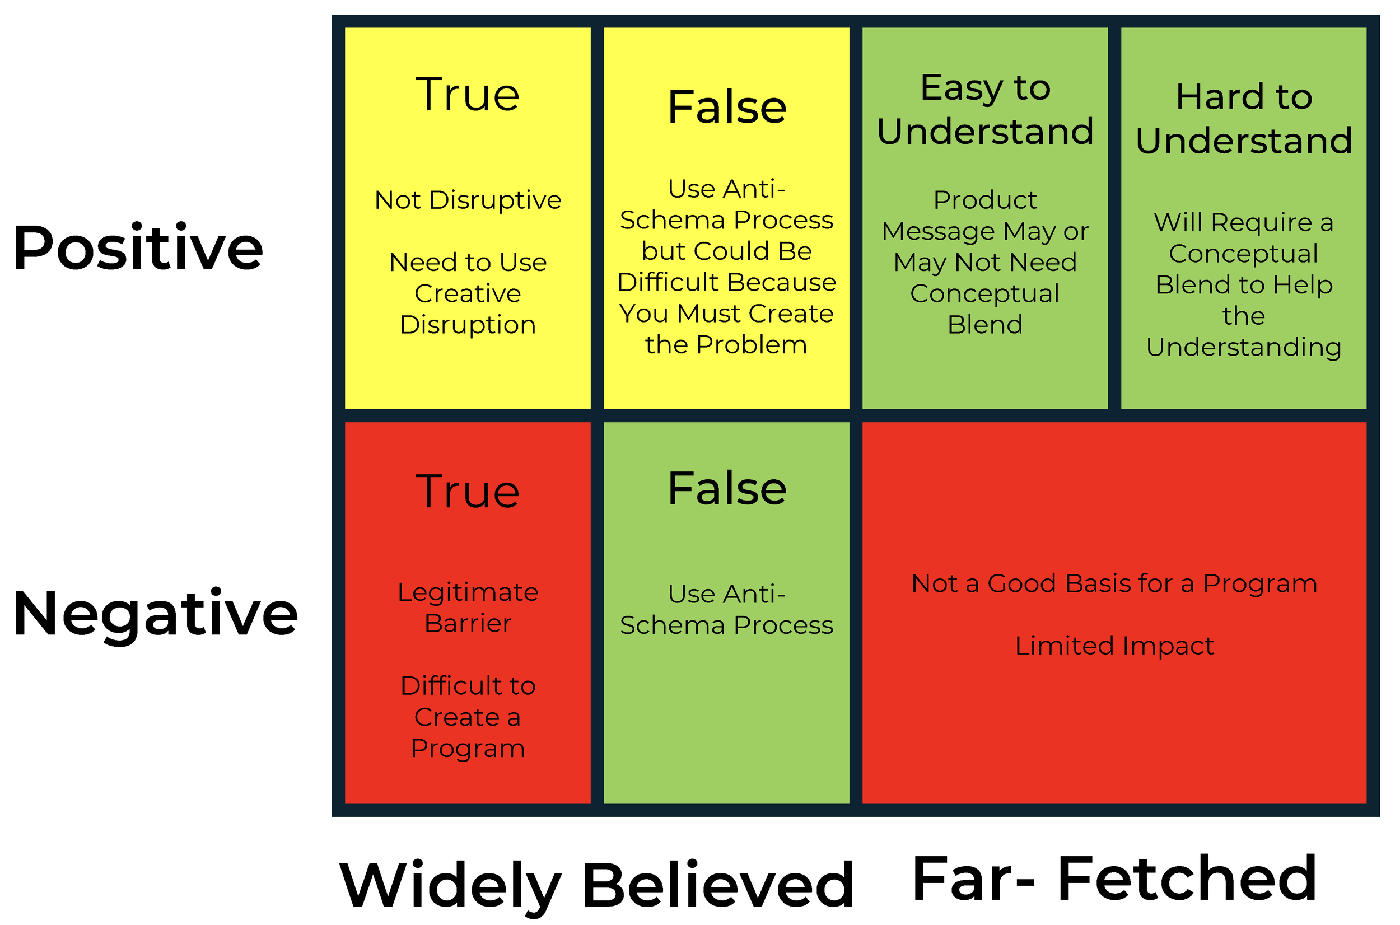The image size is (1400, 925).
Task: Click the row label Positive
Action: [x=138, y=249]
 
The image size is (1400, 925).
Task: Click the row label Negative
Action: [x=156, y=614]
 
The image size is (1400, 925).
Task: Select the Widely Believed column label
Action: [x=596, y=885]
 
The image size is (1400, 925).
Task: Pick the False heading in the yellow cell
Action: [x=726, y=108]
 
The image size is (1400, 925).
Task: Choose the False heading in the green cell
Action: [x=726, y=488]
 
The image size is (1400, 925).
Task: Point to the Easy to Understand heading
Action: [x=984, y=110]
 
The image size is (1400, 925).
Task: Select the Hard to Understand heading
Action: [x=1244, y=119]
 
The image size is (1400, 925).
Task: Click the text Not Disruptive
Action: [x=467, y=200]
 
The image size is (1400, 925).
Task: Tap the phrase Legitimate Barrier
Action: [x=467, y=608]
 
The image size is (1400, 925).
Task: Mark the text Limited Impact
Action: [x=1114, y=646]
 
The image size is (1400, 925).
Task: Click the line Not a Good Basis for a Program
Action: [x=1114, y=584]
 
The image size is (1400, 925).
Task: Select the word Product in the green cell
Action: [x=984, y=200]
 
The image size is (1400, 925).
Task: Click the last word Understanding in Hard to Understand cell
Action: [x=1244, y=348]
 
